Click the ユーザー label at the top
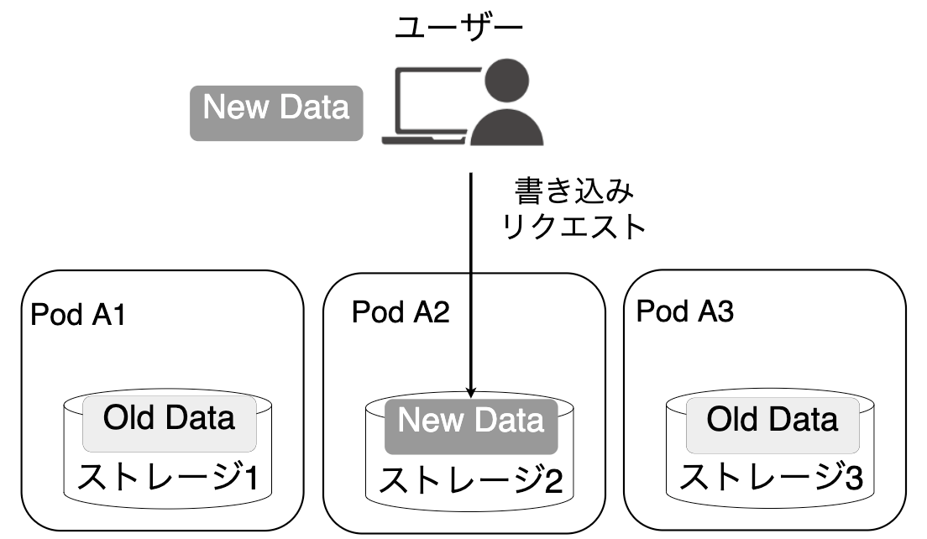[x=458, y=28]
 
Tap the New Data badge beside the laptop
[x=276, y=113]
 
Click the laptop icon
[x=431, y=107]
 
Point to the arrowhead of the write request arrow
[x=470, y=392]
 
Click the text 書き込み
[x=574, y=191]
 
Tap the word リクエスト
[x=573, y=228]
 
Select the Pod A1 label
[x=77, y=314]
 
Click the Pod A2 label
[x=401, y=312]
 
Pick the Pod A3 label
[x=684, y=311]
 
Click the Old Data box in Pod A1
[x=169, y=423]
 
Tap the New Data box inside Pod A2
[x=471, y=426]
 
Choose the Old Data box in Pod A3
[x=772, y=425]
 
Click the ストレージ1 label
[x=168, y=477]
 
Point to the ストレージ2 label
[x=470, y=480]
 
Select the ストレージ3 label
[x=771, y=477]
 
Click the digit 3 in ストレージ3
[x=854, y=478]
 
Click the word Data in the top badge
[x=314, y=107]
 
